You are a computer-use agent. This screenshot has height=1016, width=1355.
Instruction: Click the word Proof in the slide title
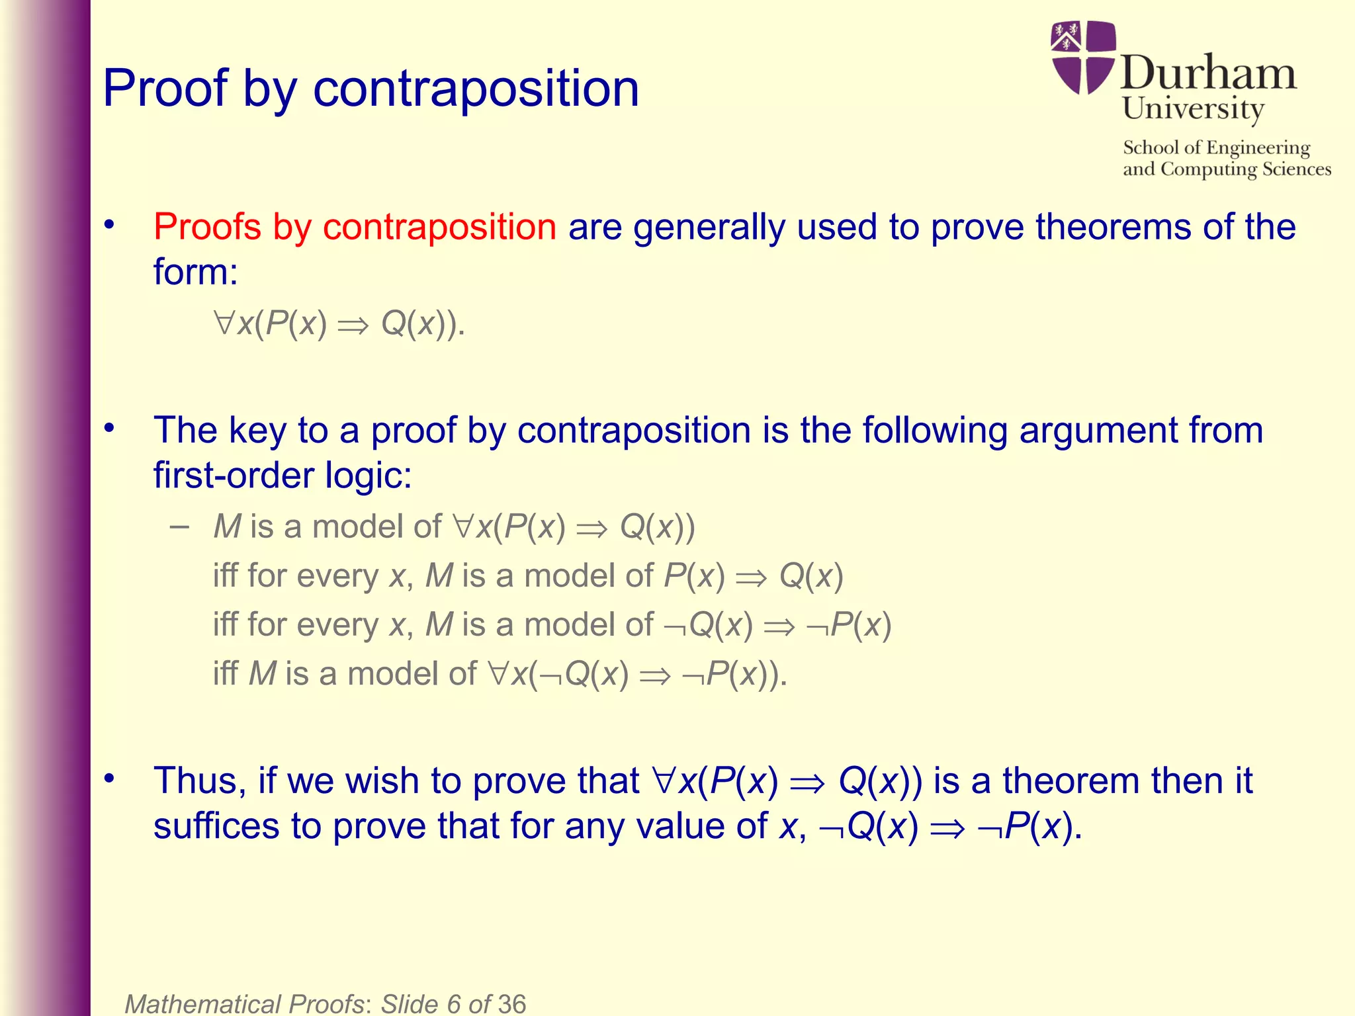pos(165,89)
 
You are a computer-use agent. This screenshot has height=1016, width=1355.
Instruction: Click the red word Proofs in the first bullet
pos(207,227)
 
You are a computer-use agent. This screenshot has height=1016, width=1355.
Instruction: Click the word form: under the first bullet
pos(195,272)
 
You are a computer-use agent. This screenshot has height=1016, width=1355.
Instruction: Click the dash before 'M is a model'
pos(179,527)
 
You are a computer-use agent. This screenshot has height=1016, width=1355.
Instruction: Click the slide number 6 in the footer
pos(454,1004)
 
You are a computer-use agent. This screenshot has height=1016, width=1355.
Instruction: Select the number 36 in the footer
pos(511,1004)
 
